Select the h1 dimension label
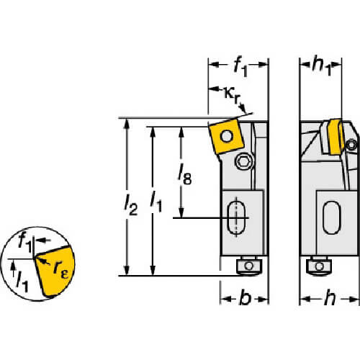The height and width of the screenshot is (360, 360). pos(322,66)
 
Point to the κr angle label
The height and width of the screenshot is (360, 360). pos(232,95)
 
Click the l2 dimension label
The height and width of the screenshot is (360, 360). pos(131,204)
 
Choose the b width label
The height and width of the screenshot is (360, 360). pos(246,297)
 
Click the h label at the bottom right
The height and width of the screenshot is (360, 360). pos(330,297)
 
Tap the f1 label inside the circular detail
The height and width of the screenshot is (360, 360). pos(25,243)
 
